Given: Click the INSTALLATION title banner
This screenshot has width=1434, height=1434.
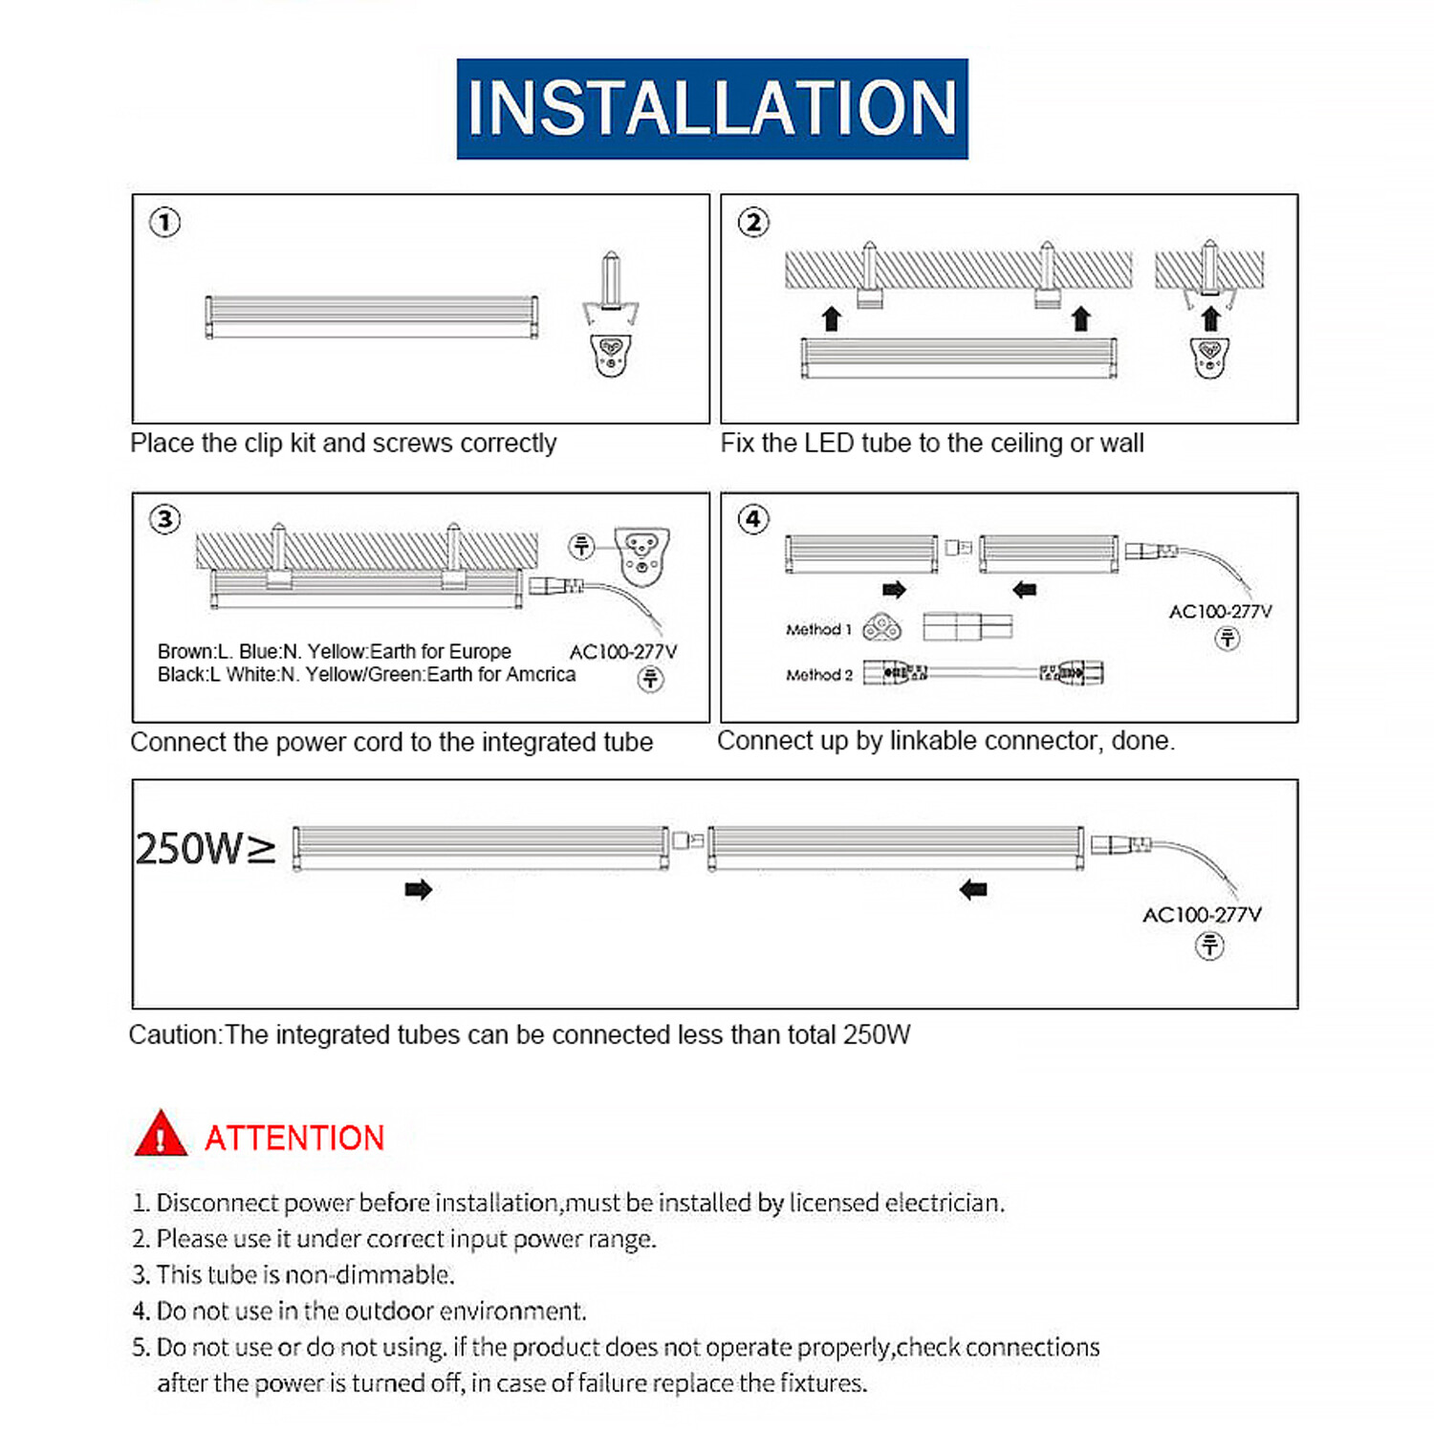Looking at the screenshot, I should click(x=712, y=108).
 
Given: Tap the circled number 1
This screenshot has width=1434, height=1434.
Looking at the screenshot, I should click(x=164, y=223).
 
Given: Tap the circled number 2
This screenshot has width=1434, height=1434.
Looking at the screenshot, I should click(x=753, y=223).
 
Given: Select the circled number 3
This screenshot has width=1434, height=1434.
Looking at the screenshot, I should click(x=164, y=519).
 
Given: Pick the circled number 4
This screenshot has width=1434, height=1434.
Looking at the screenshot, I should click(x=753, y=519).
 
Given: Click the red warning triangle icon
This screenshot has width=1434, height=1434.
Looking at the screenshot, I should click(x=161, y=1135).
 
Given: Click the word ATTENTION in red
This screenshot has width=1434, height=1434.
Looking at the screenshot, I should click(x=294, y=1138).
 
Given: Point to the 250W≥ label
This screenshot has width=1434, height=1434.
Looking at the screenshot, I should click(x=205, y=849).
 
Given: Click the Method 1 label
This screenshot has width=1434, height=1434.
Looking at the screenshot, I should click(x=818, y=629).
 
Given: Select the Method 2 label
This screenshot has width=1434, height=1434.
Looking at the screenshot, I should click(x=818, y=675).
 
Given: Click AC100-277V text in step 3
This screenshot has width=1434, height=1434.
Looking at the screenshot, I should click(x=623, y=652).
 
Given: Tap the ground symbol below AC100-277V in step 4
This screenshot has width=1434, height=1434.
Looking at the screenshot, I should click(x=1228, y=639).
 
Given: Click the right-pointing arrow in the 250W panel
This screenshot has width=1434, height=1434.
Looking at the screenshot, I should click(x=419, y=890).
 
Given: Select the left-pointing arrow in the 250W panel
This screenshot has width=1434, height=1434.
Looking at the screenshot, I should click(x=973, y=890).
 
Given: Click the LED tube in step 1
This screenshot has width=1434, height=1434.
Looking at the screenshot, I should click(x=372, y=316).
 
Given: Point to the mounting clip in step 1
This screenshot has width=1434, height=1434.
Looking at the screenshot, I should click(x=611, y=315).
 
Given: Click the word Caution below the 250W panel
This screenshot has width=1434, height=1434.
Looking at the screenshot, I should click(x=174, y=1035).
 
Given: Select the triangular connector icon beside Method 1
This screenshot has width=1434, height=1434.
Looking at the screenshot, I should click(x=881, y=628).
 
